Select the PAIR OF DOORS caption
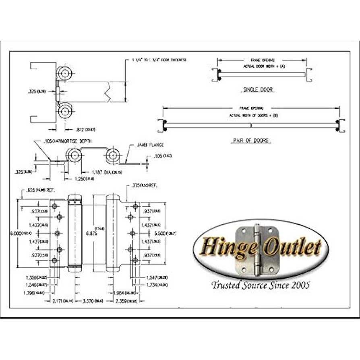point(250,141)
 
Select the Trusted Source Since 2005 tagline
point(261,286)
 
